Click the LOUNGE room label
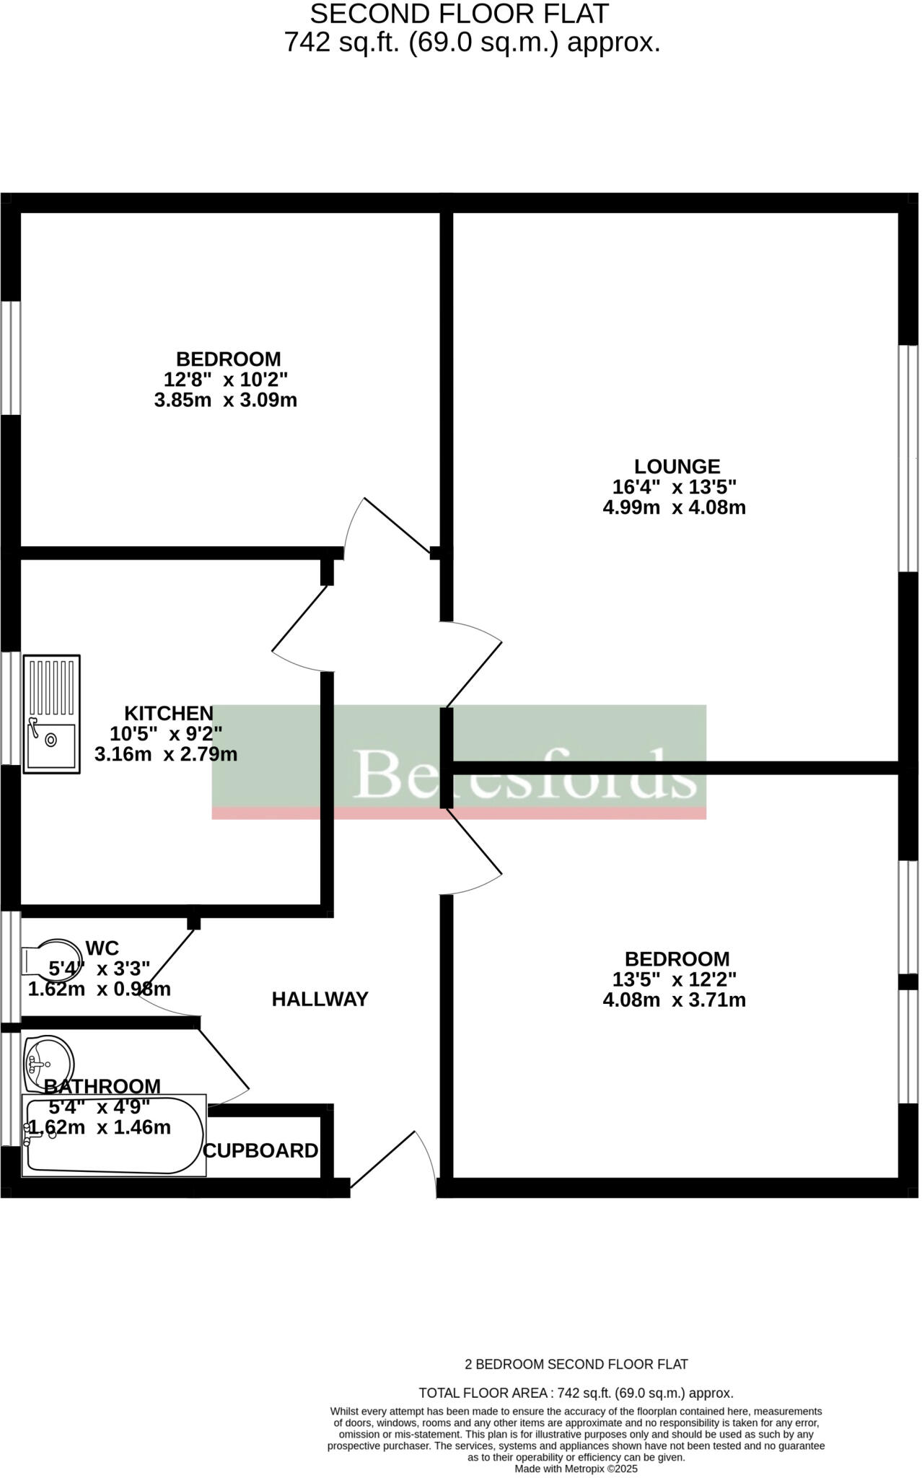[677, 466]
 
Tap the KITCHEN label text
[169, 713]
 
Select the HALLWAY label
[320, 999]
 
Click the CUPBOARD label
[260, 1150]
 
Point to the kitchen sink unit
[51, 714]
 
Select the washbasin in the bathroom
[48, 1063]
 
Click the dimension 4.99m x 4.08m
[674, 507]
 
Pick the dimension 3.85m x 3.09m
[226, 400]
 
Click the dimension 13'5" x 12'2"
[674, 979]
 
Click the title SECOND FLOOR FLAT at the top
[460, 13]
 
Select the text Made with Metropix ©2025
[576, 1469]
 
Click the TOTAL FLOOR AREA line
[576, 1393]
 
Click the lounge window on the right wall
[908, 459]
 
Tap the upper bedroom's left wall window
[10, 358]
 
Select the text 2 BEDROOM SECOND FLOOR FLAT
[576, 1364]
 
